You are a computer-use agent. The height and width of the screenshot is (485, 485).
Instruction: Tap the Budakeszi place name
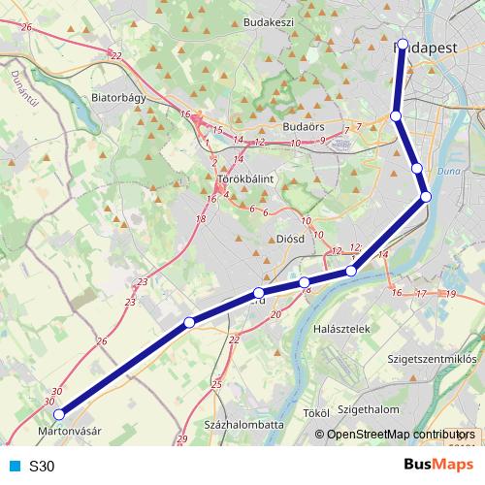click(x=269, y=21)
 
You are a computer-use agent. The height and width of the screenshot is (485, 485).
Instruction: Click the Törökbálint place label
click(x=248, y=179)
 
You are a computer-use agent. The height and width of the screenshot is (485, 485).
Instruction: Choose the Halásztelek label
click(x=342, y=330)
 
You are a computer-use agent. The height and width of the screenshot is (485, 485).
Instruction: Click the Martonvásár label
click(x=69, y=428)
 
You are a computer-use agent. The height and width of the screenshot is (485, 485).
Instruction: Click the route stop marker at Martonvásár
click(x=59, y=414)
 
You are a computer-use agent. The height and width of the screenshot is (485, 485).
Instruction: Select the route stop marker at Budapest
click(x=403, y=44)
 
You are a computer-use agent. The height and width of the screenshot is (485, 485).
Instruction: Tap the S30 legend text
click(x=42, y=466)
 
